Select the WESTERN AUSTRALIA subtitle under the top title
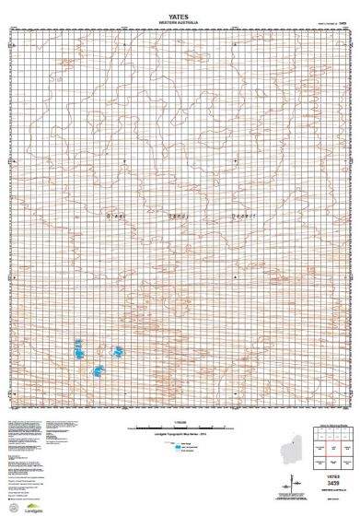tap(179, 17)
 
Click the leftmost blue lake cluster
tap(79, 350)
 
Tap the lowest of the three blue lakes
tap(99, 371)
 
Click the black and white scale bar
tap(179, 428)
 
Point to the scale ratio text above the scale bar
tap(179, 420)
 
